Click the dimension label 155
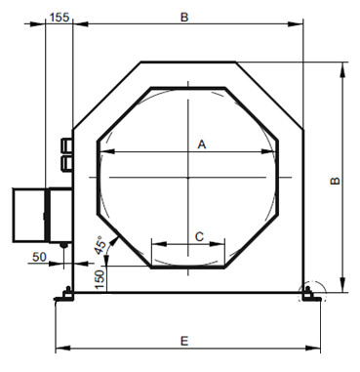[60, 17]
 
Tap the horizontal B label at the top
[184, 18]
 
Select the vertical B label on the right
[335, 181]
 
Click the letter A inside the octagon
[202, 145]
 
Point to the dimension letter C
[199, 236]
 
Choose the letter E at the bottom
[184, 341]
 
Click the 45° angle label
[100, 245]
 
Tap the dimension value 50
[39, 257]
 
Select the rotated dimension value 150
[100, 279]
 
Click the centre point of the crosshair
[187, 178]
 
